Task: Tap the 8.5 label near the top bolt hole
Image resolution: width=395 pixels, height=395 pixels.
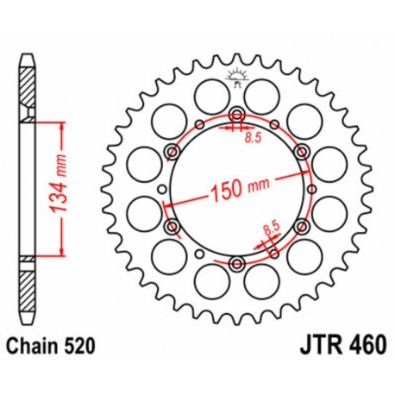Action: click(250, 136)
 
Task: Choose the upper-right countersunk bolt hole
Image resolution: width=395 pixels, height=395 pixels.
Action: click(300, 153)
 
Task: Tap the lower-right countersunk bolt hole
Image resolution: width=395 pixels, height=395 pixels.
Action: click(300, 227)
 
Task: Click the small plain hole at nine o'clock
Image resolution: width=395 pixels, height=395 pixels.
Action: click(161, 190)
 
